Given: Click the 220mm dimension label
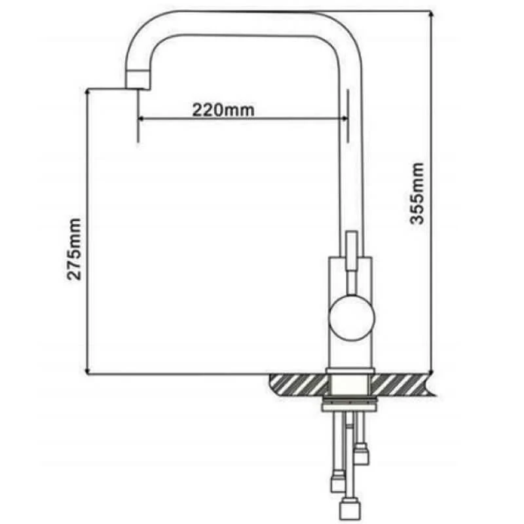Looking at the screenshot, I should coord(223,109).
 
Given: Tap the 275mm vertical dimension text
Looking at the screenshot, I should coord(75,249).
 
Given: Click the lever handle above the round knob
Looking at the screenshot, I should coord(350,252).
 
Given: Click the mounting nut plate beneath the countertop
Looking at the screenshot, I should coord(350,407).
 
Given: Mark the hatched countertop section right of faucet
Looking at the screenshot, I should coord(403,384).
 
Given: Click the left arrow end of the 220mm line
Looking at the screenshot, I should coord(139,119).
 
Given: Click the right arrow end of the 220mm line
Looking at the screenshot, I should coord(346,119).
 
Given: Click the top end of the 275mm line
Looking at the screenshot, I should coord(88,90).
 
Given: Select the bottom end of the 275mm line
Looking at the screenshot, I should coord(88,374).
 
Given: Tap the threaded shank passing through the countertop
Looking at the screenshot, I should coord(350,388).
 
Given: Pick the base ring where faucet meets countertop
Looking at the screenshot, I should coord(350,374).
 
